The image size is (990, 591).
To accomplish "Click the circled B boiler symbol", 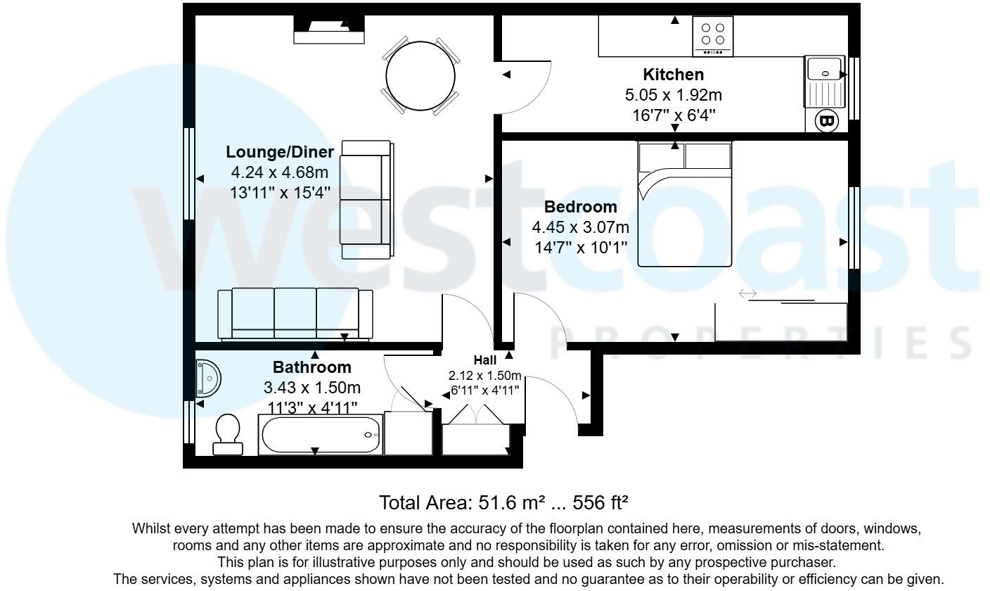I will click(x=827, y=121).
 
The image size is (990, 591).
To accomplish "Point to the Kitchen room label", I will click(x=673, y=75).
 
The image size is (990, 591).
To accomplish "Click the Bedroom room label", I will click(x=581, y=207).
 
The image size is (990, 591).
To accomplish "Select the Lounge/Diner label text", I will click(x=280, y=152).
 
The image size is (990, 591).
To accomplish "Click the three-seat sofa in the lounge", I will click(x=295, y=314).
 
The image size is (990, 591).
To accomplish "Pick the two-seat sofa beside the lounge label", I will click(x=366, y=200).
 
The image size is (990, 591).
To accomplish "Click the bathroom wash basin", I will click(x=209, y=378).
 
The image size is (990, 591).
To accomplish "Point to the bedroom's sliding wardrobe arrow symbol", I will click(x=747, y=293).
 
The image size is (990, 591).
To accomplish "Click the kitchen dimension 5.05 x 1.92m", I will click(x=673, y=95).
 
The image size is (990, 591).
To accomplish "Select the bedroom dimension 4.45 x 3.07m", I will click(x=580, y=227).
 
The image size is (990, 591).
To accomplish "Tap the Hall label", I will click(x=485, y=360).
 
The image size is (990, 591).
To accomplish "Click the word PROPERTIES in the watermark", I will click(x=759, y=343).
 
